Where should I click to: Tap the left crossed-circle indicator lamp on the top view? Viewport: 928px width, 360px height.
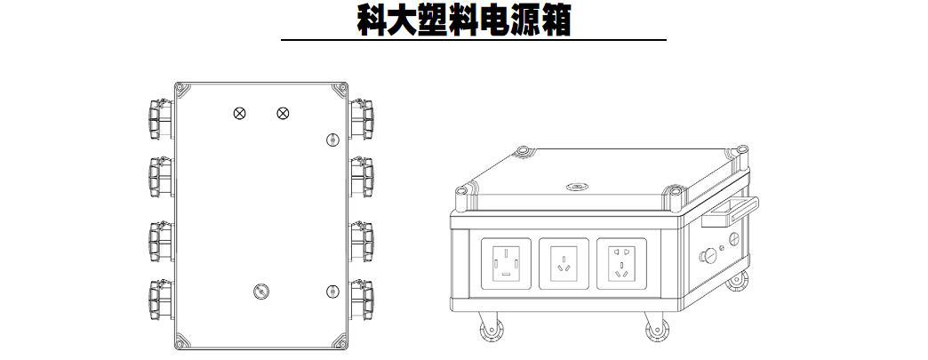(239, 113)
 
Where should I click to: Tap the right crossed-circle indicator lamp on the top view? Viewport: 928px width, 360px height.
(283, 113)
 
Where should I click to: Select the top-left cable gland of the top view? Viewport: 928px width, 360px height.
(157, 117)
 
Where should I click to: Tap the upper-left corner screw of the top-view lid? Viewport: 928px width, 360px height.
(180, 89)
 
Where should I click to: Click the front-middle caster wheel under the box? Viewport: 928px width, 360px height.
(653, 331)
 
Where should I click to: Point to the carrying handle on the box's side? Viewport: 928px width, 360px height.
(730, 211)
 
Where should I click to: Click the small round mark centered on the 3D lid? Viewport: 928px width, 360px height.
(573, 188)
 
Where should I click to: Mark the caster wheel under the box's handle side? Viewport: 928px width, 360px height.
(737, 281)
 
